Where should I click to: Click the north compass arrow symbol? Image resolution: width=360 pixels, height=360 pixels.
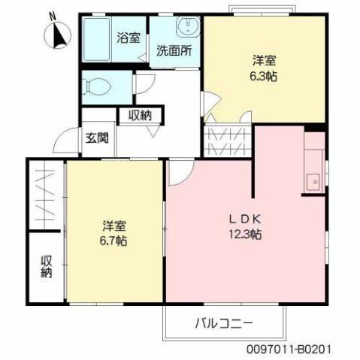56,35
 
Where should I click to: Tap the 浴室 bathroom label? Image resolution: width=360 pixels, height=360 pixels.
128,38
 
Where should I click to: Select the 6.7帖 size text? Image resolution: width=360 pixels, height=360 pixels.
115,241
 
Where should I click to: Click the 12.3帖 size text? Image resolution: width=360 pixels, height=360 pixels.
246,234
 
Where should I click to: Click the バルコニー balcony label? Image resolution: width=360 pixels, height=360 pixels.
224,324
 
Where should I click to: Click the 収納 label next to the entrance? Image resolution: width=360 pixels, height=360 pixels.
140,115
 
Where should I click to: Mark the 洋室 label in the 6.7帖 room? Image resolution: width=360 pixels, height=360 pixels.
115,225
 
